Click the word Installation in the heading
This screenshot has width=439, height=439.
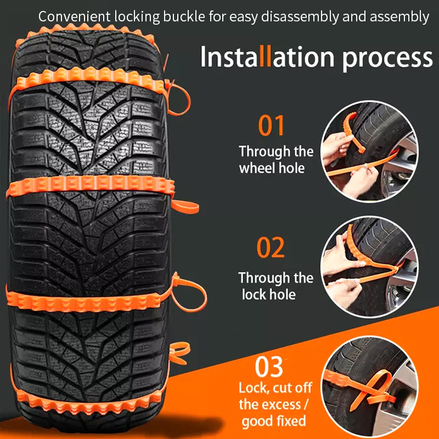pos(267,57)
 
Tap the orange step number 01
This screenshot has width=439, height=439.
pos(271,126)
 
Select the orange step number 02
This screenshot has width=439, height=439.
pos(271,247)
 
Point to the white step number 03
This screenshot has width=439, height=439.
pos(269,367)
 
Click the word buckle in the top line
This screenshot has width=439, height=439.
pos(184,16)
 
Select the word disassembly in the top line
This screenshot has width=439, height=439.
pos(300,18)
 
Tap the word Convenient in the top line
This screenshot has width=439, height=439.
pos(74,16)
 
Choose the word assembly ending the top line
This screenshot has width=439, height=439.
pos(399,18)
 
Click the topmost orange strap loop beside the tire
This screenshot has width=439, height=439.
pos(177,98)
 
